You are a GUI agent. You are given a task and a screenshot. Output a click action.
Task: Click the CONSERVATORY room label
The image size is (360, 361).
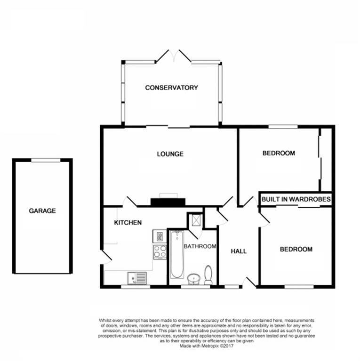point(171,88)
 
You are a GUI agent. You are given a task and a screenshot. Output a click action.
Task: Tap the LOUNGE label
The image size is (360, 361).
point(170,154)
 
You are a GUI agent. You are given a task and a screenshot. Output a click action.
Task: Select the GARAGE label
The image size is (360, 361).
point(42,211)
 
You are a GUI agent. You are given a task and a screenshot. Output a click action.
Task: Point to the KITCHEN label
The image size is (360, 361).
point(128,223)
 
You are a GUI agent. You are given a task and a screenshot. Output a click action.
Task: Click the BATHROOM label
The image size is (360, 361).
point(200,246)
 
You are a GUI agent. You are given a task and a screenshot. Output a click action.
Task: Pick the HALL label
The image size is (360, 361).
point(239,251)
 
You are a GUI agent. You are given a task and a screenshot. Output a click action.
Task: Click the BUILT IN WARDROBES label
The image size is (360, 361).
point(296,200)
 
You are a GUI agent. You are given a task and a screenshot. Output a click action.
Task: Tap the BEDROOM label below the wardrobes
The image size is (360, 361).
point(296,250)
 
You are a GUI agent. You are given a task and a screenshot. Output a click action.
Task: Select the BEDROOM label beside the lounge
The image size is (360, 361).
point(279,153)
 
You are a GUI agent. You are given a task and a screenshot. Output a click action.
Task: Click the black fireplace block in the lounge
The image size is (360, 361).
point(168,202)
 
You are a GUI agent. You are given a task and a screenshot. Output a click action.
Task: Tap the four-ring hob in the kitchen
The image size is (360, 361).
point(160,251)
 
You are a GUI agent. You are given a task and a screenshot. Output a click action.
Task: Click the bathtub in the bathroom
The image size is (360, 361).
point(177,254)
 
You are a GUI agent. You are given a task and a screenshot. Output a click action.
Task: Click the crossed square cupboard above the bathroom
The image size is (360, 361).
point(194,220)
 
